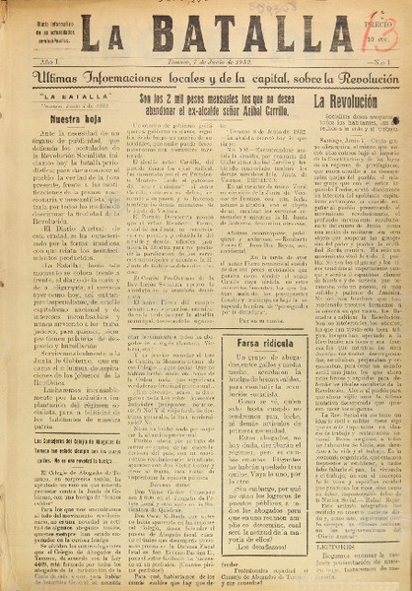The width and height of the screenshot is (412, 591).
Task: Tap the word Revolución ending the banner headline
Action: coord(360,81)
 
